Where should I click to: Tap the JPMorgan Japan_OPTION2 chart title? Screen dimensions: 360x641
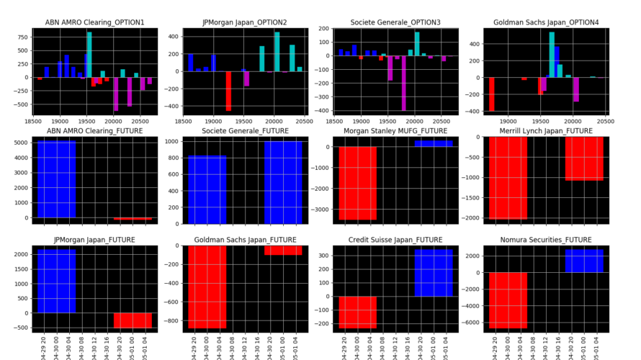(245, 23)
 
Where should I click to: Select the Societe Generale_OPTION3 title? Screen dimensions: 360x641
(395, 23)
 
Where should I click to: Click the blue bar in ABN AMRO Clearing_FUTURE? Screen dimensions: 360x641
(56, 179)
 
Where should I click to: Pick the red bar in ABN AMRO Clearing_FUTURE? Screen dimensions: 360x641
(133, 218)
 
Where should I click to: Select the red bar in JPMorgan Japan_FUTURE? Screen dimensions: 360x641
(133, 320)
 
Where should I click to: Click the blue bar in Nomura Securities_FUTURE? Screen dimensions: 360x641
(584, 261)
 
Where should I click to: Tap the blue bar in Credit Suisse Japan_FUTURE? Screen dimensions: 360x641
(434, 273)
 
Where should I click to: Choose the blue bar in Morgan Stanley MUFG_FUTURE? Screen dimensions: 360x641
(434, 143)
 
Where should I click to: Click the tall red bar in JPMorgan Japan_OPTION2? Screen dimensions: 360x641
(228, 91)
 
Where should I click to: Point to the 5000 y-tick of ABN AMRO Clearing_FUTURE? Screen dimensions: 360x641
(22, 143)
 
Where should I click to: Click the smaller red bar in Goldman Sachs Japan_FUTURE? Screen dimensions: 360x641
(283, 250)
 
